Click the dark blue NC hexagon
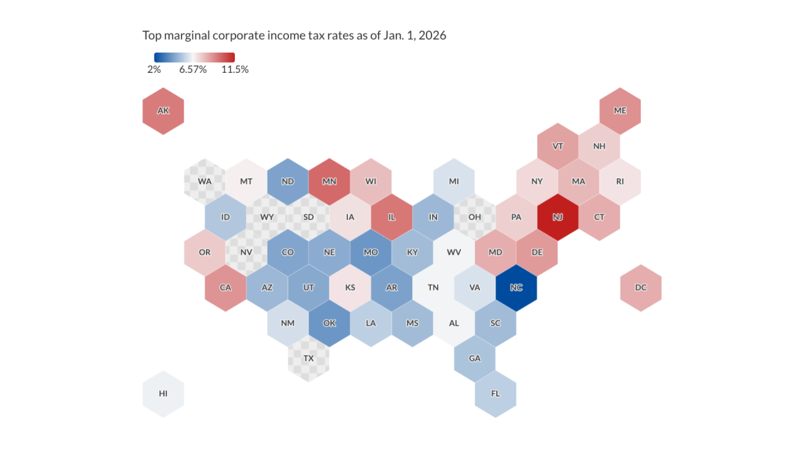tap(516, 288)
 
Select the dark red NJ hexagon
tap(557, 217)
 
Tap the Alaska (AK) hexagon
tap(163, 111)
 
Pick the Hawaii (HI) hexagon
tap(163, 394)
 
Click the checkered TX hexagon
tap(308, 358)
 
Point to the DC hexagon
tap(640, 288)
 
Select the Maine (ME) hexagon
tap(620, 111)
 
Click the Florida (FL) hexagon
tap(495, 394)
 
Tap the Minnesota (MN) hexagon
tap(329, 181)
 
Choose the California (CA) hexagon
tap(225, 288)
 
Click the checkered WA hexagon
tap(205, 181)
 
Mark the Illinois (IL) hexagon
tap(391, 217)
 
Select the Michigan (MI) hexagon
tap(454, 181)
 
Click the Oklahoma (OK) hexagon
tap(329, 323)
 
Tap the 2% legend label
tap(154, 70)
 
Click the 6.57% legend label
tap(193, 70)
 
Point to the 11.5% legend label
tap(235, 70)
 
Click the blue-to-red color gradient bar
tap(194, 57)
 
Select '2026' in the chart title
tap(432, 35)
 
